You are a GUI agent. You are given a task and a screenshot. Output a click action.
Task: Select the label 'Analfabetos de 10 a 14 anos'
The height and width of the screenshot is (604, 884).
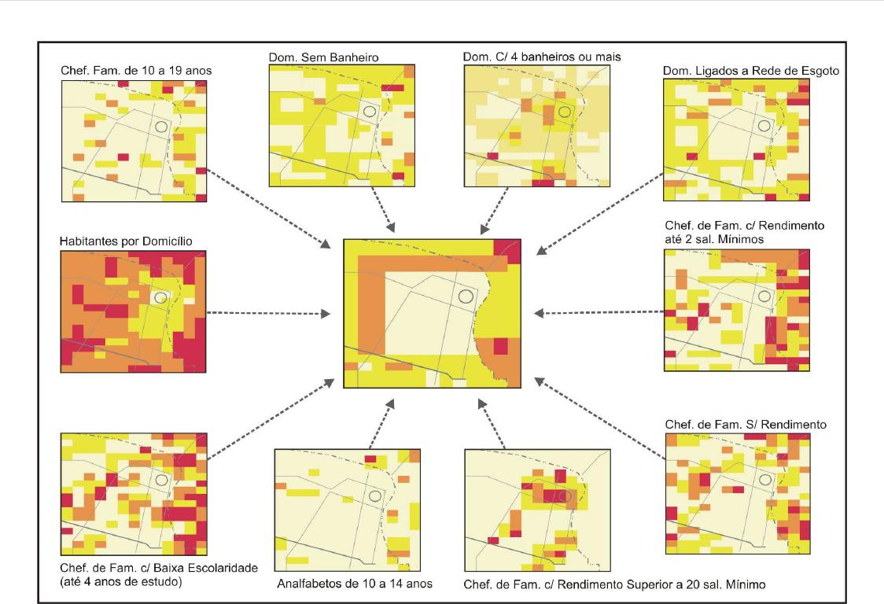click(355, 583)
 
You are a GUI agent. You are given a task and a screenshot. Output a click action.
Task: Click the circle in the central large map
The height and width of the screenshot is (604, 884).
click(466, 297)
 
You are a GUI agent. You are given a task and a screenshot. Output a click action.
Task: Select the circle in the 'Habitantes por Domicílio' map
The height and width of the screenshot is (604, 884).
click(161, 297)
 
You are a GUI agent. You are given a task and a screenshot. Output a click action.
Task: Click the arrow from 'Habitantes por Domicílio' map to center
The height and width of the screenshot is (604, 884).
click(268, 314)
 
